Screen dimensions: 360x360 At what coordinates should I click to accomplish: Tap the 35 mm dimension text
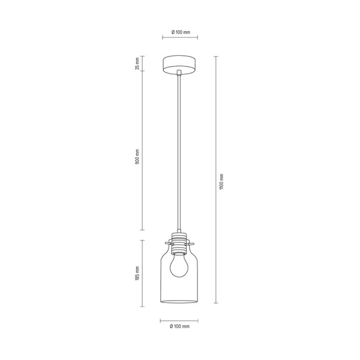(x=137, y=64)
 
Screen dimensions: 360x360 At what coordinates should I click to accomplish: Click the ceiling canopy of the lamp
(x=180, y=64)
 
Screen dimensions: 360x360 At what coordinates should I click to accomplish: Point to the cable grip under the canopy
(x=180, y=73)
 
